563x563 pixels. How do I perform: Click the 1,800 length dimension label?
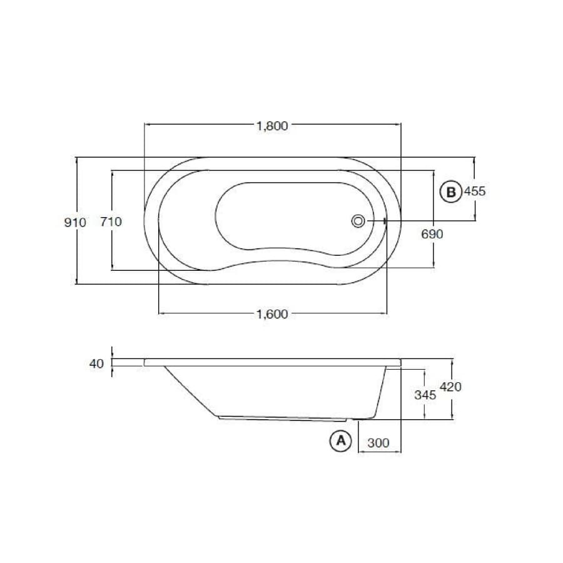pyautogui.click(x=272, y=126)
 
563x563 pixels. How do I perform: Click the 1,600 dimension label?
pyautogui.click(x=272, y=314)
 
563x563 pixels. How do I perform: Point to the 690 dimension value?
pyautogui.click(x=432, y=234)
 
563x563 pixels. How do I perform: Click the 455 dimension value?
pyautogui.click(x=475, y=191)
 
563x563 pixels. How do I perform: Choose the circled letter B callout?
pyautogui.click(x=450, y=191)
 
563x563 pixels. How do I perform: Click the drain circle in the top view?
pyautogui.click(x=359, y=220)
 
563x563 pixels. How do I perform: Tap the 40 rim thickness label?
pyautogui.click(x=96, y=363)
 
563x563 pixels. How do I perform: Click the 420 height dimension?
pyautogui.click(x=450, y=387)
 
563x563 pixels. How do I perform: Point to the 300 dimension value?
pyautogui.click(x=378, y=443)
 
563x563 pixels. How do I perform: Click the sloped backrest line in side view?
pyautogui.click(x=191, y=392)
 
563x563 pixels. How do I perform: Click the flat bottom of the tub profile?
pyautogui.click(x=281, y=418)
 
